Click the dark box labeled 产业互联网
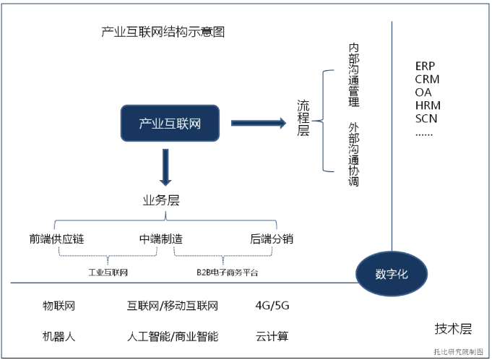point(170,123)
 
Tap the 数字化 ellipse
point(391,275)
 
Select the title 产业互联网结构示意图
point(164,33)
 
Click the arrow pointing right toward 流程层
point(258,124)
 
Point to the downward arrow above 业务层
point(165,166)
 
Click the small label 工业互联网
point(108,273)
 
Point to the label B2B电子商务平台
point(227,273)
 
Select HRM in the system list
point(428,106)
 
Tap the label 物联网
point(59,306)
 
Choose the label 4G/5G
point(272,306)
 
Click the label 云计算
point(272,336)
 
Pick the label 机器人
point(59,336)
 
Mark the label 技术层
point(453,329)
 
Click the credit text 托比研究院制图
point(458,351)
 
